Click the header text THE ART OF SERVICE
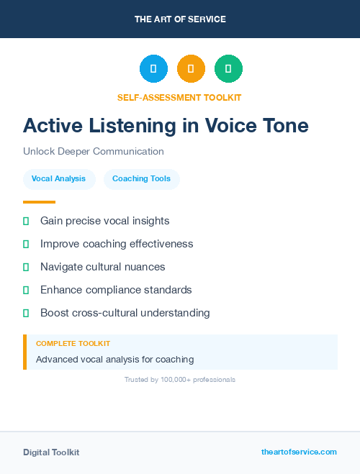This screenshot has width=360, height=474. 180,19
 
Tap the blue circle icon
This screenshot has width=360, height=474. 153,68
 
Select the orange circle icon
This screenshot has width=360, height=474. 191,68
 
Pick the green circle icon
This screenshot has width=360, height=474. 228,68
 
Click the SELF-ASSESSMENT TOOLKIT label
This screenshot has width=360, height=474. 180,97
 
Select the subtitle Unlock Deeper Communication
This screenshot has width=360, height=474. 94,152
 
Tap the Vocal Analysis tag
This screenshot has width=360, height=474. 59,179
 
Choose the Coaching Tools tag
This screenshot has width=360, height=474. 141,179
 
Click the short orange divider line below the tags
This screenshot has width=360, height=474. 39,202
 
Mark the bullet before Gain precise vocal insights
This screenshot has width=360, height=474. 26,221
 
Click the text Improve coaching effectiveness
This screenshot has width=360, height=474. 117,244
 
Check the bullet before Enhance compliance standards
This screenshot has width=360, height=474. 26,290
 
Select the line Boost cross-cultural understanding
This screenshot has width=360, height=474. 125,313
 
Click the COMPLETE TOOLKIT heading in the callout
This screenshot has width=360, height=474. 73,344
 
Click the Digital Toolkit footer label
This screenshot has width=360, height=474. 51,452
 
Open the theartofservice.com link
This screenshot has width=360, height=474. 299,452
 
